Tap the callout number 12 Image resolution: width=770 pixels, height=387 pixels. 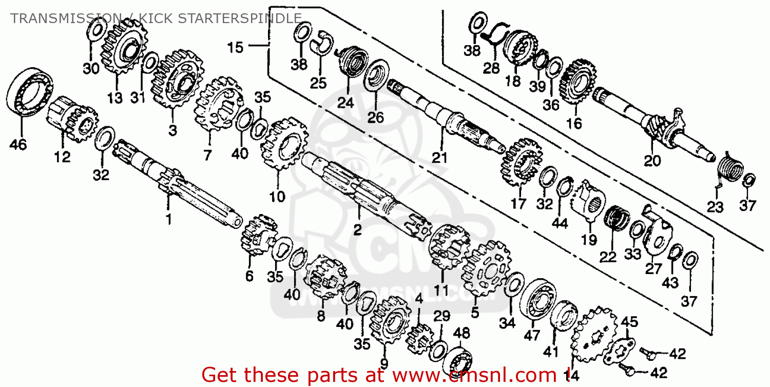pos(62,157)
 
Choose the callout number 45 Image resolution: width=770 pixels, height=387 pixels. pos(629,322)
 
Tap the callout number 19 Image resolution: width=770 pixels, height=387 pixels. pos(589,239)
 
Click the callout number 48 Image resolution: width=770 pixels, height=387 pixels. pos(461,334)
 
